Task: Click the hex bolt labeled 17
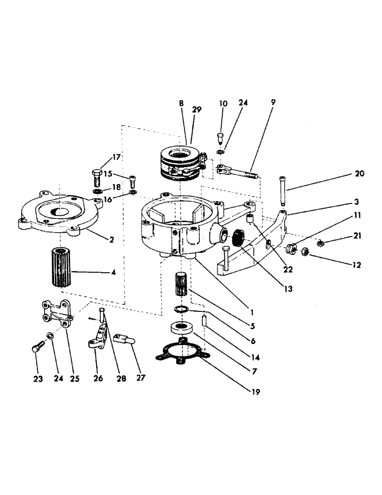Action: pyautogui.click(x=96, y=177)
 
